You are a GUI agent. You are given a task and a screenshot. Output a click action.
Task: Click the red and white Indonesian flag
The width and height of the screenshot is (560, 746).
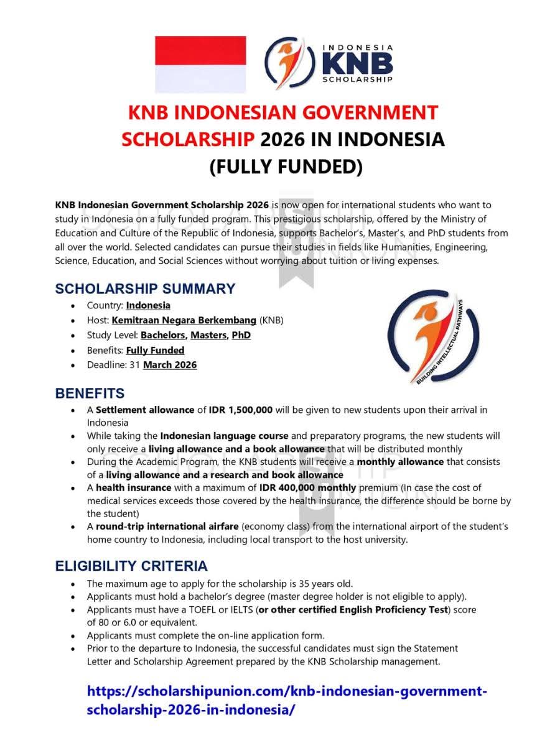(x=200, y=64)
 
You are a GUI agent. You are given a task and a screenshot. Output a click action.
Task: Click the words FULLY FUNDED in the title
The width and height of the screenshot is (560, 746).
(x=286, y=167)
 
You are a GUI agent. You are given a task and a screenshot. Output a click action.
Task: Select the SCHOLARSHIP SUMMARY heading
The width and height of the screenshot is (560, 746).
(x=145, y=289)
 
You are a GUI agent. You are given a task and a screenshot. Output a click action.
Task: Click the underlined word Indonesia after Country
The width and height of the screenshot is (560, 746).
(x=148, y=305)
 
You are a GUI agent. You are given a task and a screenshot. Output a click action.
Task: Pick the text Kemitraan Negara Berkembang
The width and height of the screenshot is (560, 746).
(x=184, y=320)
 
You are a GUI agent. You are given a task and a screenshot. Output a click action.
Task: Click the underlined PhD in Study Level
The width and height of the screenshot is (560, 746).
(x=241, y=335)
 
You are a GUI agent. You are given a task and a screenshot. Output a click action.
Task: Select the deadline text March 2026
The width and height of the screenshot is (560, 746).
(x=170, y=365)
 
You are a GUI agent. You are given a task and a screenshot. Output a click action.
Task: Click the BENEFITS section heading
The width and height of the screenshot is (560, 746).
(x=90, y=394)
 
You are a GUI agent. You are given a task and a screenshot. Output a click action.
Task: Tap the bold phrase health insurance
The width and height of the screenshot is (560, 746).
(x=134, y=488)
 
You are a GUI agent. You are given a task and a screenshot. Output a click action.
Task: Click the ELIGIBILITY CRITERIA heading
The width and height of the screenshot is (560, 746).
(x=131, y=566)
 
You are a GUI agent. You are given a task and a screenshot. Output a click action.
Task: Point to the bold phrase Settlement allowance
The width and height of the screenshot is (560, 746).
(x=145, y=410)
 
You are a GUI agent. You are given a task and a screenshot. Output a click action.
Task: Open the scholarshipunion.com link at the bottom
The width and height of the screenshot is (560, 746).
(x=286, y=701)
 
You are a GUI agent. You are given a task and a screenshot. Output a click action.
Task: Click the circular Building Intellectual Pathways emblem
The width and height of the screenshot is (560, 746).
(x=433, y=341)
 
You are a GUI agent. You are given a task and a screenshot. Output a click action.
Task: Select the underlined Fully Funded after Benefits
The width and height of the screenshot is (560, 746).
(x=155, y=350)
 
